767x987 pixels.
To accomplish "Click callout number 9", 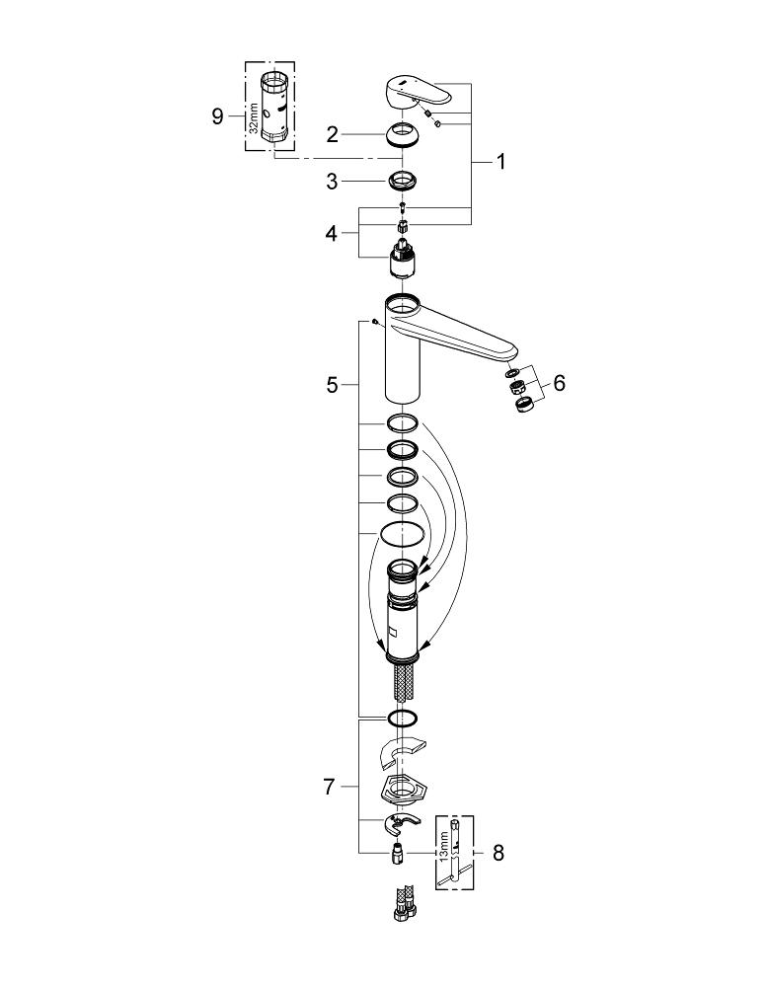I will (218, 117).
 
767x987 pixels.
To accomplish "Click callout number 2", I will (333, 132).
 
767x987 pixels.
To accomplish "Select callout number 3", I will (333, 182).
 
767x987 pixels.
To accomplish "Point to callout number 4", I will (333, 234).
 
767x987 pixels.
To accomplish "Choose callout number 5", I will (333, 385).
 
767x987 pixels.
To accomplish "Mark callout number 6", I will (559, 383).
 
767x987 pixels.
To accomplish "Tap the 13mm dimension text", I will (444, 845).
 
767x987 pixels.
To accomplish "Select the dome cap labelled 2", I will (402, 133).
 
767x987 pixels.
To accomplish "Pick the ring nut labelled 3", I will (402, 182).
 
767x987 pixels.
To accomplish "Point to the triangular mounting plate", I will (402, 790).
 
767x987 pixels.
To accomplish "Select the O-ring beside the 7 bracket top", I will (402, 718).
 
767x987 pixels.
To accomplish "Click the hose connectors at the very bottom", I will (402, 905).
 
